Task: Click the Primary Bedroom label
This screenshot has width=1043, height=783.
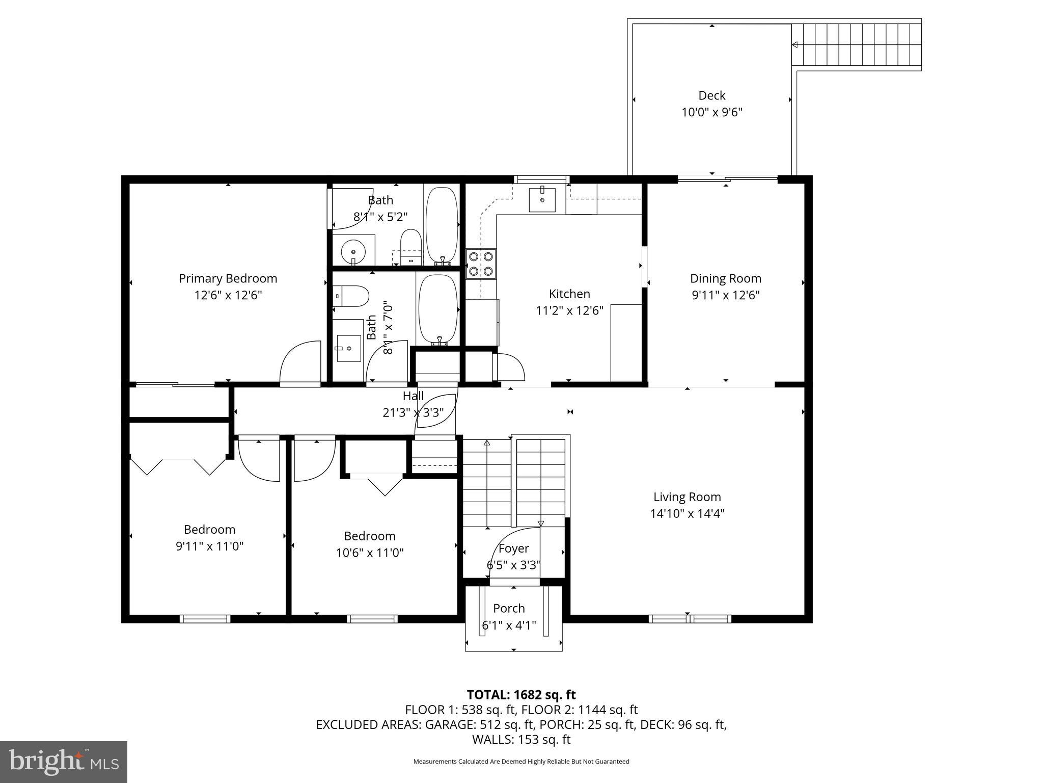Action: [228, 278]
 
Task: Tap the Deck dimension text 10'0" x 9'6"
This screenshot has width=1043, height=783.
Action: [711, 112]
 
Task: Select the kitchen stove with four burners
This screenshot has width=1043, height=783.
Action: [481, 264]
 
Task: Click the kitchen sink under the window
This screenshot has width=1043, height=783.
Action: [542, 199]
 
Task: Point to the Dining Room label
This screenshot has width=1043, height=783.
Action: [725, 278]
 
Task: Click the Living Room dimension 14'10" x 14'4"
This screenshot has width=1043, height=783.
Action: [687, 513]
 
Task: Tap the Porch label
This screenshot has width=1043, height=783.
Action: [509, 608]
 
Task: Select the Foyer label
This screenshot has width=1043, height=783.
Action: [513, 549]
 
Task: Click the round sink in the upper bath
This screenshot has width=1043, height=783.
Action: [353, 251]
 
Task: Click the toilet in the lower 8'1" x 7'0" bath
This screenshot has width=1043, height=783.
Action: [351, 296]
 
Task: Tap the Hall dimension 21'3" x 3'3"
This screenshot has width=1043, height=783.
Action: [413, 412]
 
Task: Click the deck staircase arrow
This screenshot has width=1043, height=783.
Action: [794, 45]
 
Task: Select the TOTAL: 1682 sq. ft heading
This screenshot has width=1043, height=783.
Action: [521, 695]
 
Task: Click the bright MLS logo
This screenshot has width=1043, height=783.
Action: [64, 762]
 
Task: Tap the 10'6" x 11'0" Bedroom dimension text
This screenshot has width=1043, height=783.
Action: [370, 553]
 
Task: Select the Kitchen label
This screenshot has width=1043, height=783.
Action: [569, 294]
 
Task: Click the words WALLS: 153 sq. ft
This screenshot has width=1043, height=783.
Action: [521, 740]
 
